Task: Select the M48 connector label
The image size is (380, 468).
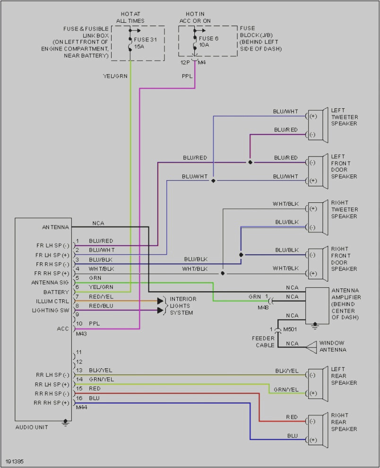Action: (x=262, y=307)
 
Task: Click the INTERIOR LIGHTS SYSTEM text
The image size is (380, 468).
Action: (x=183, y=305)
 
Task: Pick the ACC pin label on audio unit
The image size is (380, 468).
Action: (x=62, y=329)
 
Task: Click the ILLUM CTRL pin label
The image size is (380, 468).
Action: (x=52, y=301)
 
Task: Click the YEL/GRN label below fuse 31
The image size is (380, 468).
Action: (x=115, y=76)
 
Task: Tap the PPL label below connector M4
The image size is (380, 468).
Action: (x=187, y=76)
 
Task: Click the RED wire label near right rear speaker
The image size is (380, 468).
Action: (x=292, y=417)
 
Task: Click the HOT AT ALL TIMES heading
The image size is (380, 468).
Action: (x=130, y=17)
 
